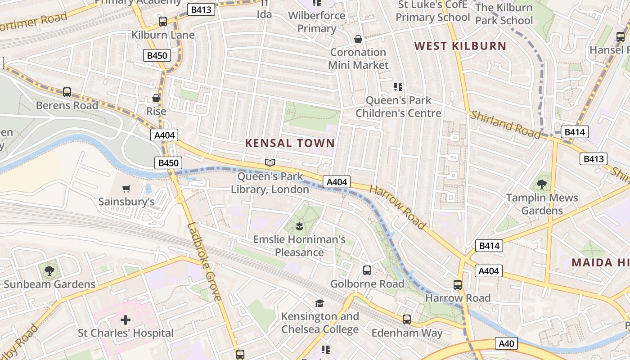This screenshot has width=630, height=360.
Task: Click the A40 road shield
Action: pos(506,344)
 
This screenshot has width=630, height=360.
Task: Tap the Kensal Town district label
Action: pos(290,143)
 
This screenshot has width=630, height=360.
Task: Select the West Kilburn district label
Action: pos(460,46)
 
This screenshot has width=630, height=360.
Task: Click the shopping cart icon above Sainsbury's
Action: pos(126,189)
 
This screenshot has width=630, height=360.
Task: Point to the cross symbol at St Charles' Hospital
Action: pos(126,320)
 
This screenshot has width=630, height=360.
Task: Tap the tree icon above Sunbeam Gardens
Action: pos(49,271)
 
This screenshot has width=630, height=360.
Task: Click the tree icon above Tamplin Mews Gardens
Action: pos(542,184)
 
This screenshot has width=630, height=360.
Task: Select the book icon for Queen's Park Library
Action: pos(270,163)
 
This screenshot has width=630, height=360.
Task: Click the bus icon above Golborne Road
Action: pos(367,270)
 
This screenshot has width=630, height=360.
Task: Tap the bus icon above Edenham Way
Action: pos(407,319)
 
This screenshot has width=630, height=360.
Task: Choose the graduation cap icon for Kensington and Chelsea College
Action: pos(319,303)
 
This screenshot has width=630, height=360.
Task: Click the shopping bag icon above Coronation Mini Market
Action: pos(358,39)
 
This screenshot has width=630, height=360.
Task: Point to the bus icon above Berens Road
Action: pos(67,92)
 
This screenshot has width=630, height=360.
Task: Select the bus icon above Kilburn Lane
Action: pos(163,21)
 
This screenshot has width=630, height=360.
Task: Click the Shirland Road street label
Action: pos(505,124)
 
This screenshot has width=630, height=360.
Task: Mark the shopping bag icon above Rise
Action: pos(156,98)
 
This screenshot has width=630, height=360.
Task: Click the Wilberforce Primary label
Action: pos(317,22)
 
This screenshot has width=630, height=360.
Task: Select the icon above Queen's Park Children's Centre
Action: pos(398,86)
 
